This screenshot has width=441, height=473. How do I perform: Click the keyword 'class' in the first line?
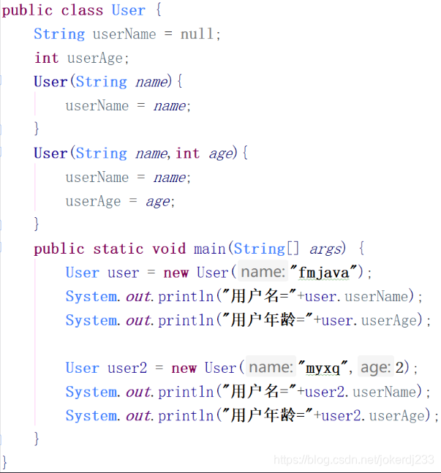82,11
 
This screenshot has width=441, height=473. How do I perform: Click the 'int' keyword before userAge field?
46,58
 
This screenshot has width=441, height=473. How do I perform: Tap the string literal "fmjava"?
327,273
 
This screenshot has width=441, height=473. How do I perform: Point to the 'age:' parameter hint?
376,368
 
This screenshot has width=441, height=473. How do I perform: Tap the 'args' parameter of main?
325,249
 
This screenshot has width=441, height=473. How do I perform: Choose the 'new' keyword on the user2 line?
184,368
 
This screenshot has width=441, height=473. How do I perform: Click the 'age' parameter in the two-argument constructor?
221,154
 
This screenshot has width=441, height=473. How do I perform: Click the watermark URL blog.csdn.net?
354,459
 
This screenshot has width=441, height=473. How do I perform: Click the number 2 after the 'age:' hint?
399,368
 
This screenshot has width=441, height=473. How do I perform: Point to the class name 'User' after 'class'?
128,11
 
